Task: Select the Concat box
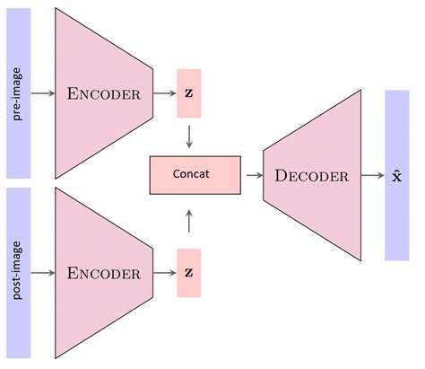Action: pos(195,174)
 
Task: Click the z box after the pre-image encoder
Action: pos(189,93)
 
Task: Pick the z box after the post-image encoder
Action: pos(189,272)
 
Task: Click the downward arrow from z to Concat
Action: pos(189,136)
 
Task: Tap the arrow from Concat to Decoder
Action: pos(252,175)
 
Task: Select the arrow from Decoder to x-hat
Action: pos(369,176)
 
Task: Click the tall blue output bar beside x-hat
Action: pos(397,224)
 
